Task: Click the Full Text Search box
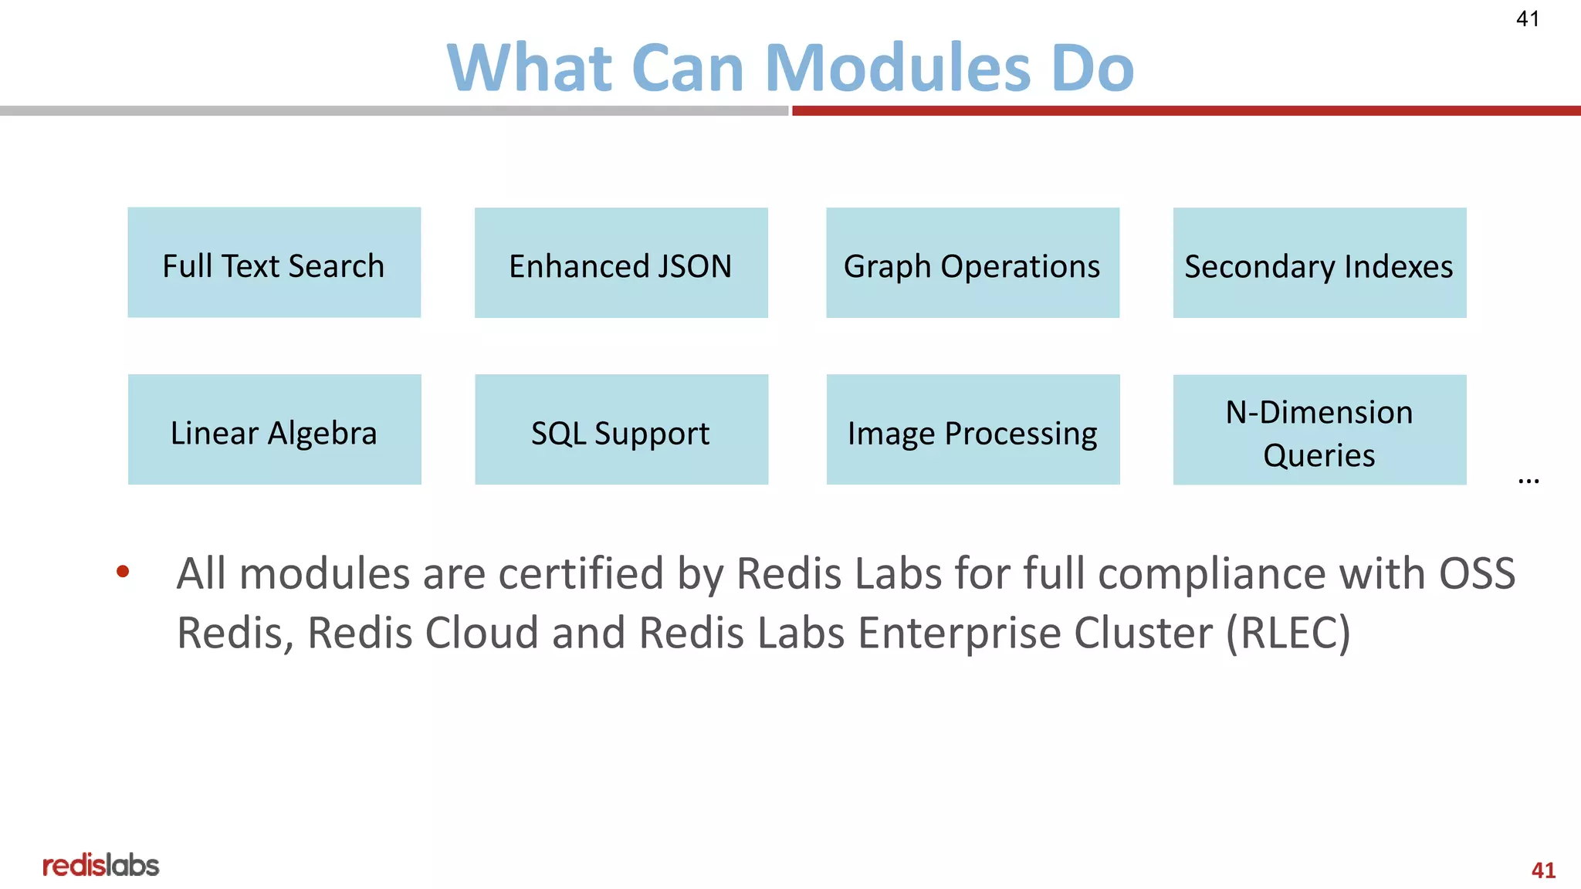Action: (x=274, y=262)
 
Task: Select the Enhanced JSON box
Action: (x=621, y=262)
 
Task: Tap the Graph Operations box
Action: (x=972, y=262)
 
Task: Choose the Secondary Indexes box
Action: (x=1319, y=262)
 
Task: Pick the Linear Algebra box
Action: (x=274, y=430)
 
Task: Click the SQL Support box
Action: (x=621, y=430)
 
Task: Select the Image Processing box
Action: (x=972, y=430)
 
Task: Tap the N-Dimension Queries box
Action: (x=1319, y=430)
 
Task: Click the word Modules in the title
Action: (x=898, y=68)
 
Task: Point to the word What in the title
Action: (x=530, y=68)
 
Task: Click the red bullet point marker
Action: (x=123, y=572)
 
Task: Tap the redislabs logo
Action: (x=100, y=865)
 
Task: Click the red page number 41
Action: (x=1542, y=870)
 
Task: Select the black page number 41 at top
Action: (x=1527, y=19)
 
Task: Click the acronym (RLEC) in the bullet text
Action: (x=1288, y=634)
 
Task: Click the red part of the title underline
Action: (x=1186, y=111)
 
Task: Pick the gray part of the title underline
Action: (x=394, y=111)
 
